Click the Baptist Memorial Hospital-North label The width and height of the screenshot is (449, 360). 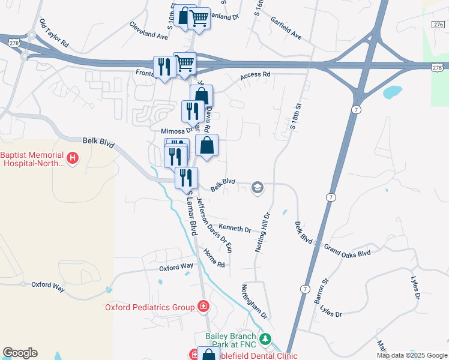[33, 158]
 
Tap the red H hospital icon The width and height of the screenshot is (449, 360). [73, 158]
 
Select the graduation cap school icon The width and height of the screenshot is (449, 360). [257, 188]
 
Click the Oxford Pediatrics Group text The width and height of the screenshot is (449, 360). [149, 307]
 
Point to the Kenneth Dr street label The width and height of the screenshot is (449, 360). [235, 229]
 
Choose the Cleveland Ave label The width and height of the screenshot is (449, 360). [149, 31]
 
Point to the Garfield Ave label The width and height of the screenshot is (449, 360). [285, 28]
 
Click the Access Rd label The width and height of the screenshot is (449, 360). [256, 76]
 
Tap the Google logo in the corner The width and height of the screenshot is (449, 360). [20, 353]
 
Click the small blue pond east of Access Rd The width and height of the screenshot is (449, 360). [392, 92]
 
